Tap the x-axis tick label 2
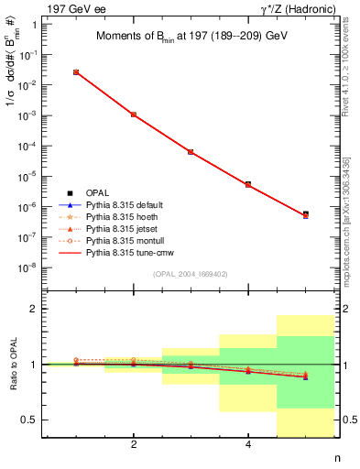point(134,445)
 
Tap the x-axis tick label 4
point(248,445)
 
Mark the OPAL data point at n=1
point(76,71)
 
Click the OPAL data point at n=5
point(305,214)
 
